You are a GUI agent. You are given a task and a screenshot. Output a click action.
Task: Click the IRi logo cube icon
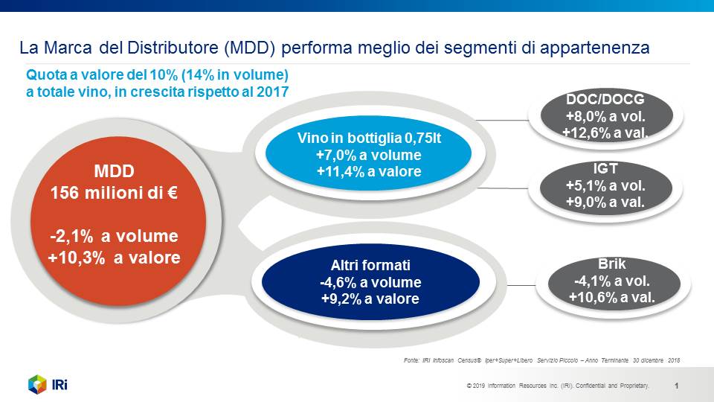tap(37, 384)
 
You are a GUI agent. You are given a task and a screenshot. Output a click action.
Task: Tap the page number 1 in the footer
tap(676, 386)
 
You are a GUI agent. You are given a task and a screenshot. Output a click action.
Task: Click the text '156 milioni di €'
tap(114, 193)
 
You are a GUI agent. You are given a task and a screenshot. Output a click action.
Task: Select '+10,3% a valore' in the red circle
tap(114, 258)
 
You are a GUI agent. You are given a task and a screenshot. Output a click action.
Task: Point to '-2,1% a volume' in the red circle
tap(114, 236)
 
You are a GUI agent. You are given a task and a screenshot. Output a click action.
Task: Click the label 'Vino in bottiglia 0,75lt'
tap(369, 138)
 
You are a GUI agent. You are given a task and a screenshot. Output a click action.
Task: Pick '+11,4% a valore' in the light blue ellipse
tap(369, 171)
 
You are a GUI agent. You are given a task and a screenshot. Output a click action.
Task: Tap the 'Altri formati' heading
tap(370, 265)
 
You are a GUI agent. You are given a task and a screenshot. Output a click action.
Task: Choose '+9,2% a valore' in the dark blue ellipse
tap(370, 299)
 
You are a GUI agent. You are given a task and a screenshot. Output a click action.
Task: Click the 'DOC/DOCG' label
tap(605, 99)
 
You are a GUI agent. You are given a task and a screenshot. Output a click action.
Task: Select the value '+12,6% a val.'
tap(605, 133)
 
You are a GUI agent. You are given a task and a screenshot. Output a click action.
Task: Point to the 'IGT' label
tap(605, 169)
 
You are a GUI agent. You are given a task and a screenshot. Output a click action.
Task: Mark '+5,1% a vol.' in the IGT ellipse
tap(605, 185)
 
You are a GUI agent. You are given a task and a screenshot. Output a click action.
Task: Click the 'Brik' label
tap(611, 264)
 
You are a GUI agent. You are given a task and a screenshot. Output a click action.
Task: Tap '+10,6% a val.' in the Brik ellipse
tap(611, 298)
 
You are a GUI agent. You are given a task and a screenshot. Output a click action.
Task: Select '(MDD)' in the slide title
tap(250, 48)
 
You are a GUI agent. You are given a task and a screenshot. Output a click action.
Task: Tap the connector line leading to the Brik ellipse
tap(521, 286)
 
